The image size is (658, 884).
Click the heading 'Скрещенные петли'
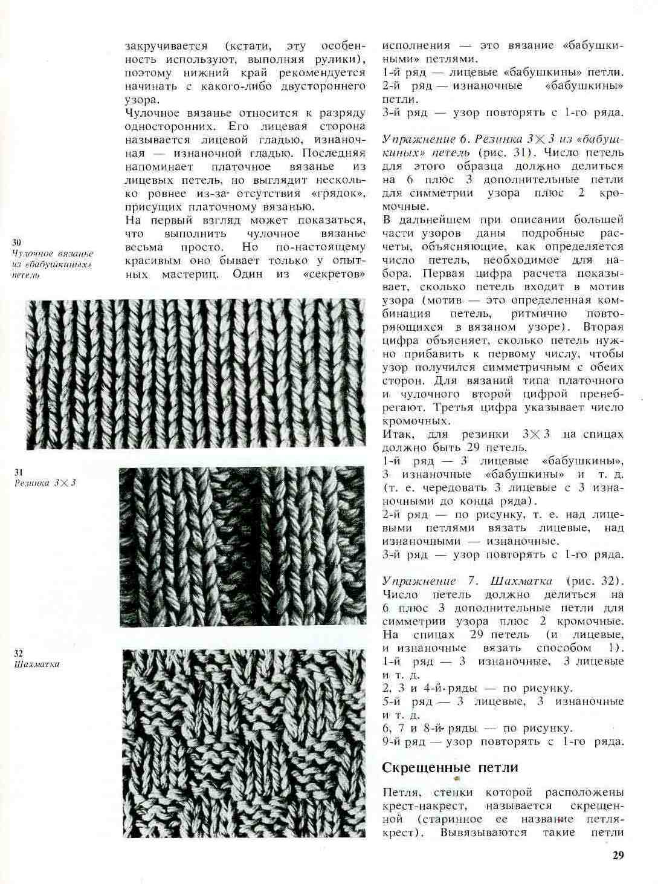click(450, 767)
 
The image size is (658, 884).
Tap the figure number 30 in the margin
click(17, 242)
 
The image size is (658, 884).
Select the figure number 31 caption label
click(18, 472)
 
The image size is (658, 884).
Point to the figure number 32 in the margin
click(18, 654)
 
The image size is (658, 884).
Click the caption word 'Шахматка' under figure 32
click(36, 664)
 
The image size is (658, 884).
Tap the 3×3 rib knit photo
click(242, 547)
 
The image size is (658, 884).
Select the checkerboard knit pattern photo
click(244, 743)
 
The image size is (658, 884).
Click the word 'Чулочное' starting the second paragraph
click(150, 112)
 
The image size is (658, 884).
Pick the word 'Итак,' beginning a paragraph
click(398, 435)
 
